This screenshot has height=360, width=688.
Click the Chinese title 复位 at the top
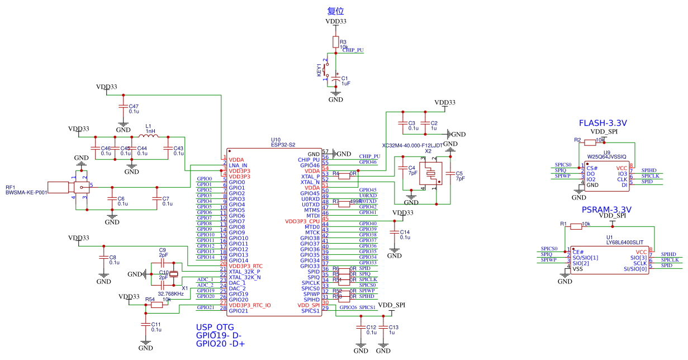point(335,11)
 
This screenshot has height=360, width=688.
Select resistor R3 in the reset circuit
point(335,42)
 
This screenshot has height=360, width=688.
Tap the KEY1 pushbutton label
point(320,70)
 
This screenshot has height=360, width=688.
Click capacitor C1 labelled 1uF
point(335,82)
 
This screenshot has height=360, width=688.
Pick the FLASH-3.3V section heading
point(602,123)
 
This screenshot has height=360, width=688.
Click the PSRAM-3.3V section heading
point(606,210)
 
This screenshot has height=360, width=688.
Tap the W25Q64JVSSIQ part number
point(606,158)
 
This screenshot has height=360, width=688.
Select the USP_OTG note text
point(215,327)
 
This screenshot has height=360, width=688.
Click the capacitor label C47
point(134,106)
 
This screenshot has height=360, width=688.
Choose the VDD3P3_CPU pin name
point(302,221)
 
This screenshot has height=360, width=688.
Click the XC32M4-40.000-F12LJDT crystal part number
point(412,145)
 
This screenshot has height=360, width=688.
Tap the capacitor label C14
point(405,231)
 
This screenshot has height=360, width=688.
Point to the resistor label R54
point(150,300)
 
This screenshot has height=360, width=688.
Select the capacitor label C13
point(393,327)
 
